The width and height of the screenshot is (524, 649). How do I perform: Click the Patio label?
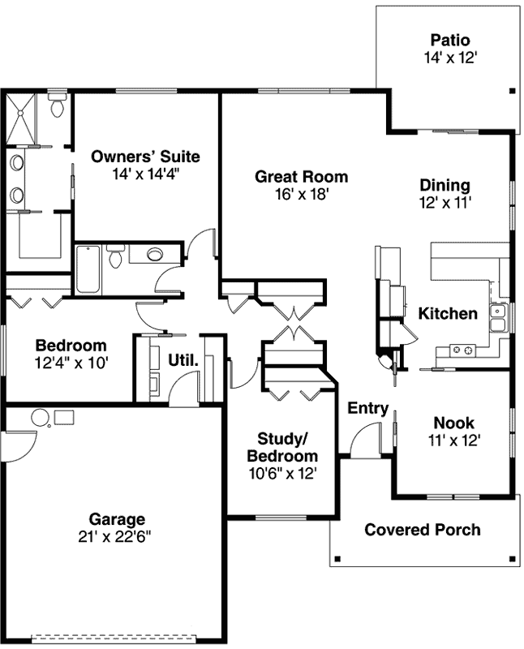[450, 40]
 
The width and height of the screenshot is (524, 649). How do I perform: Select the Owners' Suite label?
[145, 157]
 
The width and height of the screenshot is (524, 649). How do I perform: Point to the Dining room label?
[445, 185]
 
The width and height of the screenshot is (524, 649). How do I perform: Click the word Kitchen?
[448, 313]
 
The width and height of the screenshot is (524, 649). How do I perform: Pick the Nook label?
[453, 423]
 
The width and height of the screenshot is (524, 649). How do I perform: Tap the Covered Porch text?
[422, 530]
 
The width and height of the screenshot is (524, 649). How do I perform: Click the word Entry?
[367, 408]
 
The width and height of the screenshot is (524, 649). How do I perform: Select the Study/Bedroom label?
[282, 447]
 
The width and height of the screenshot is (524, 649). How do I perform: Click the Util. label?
[183, 358]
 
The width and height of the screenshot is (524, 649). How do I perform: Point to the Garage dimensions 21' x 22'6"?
[117, 535]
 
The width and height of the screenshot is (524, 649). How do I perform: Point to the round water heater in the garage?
[41, 418]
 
